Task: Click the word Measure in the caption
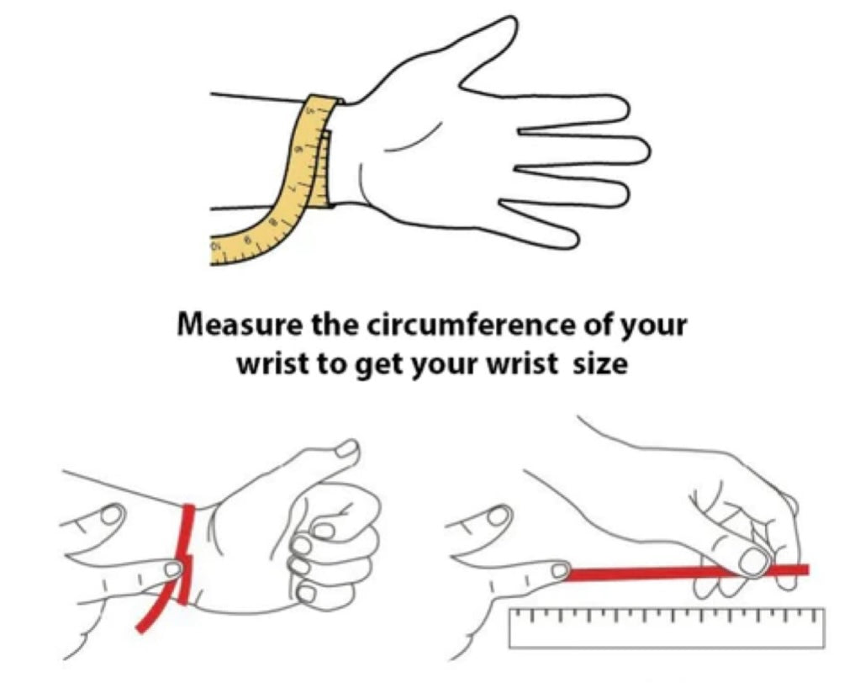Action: click(x=239, y=325)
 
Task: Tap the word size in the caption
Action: click(x=600, y=364)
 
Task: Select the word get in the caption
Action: click(x=380, y=367)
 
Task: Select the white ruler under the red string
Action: click(x=667, y=627)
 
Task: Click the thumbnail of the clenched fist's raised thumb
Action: click(x=348, y=448)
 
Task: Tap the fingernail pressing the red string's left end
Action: click(x=560, y=571)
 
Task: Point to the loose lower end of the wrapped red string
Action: click(x=141, y=629)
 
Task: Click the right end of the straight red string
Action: click(x=806, y=569)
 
